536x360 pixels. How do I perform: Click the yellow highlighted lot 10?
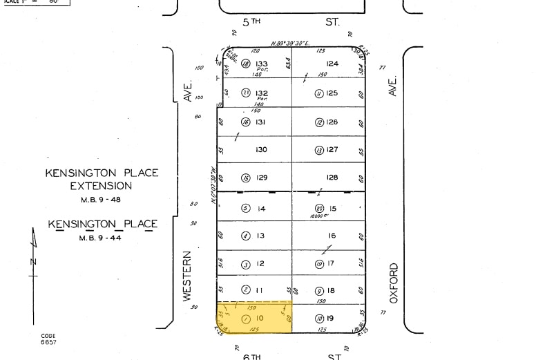(254, 318)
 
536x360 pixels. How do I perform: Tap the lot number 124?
(332, 64)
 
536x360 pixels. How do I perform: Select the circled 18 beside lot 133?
(246, 64)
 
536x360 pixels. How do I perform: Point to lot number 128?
(332, 178)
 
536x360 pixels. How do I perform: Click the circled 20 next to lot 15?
(319, 208)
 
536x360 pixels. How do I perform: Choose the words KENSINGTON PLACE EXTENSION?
(102, 179)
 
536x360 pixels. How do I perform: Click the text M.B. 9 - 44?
(102, 237)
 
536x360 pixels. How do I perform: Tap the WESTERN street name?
(186, 276)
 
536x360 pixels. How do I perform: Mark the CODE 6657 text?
(48, 339)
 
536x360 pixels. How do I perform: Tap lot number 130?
(261, 150)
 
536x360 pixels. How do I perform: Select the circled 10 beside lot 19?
(318, 319)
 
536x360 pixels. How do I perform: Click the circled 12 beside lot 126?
(319, 122)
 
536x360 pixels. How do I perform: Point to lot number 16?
(332, 236)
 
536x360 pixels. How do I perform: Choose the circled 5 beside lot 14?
(245, 208)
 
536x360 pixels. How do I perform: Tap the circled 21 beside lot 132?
(246, 93)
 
